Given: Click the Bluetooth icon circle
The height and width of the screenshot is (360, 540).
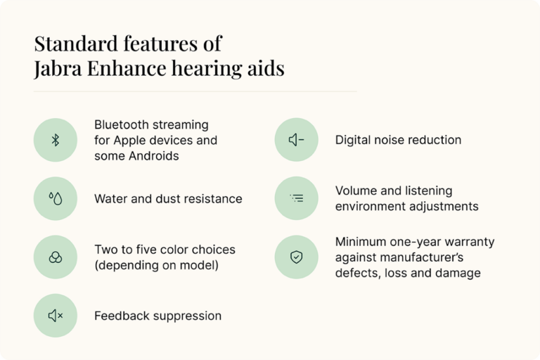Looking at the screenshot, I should pyautogui.click(x=56, y=140).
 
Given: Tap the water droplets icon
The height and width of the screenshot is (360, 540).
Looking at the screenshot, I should pyautogui.click(x=56, y=199).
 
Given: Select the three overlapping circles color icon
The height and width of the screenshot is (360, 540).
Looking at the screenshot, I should pyautogui.click(x=56, y=257).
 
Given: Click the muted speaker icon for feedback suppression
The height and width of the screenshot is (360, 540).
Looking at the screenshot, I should pyautogui.click(x=56, y=316).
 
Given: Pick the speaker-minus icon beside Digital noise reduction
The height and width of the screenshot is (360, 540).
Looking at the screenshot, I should pyautogui.click(x=296, y=140).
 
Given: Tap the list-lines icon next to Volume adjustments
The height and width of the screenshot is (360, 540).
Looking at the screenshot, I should pyautogui.click(x=296, y=199).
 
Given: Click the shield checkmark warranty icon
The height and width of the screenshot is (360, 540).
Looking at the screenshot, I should pyautogui.click(x=296, y=257).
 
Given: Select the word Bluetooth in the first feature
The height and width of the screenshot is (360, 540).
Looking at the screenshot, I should pyautogui.click(x=122, y=124).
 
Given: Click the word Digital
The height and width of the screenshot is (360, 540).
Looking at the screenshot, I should pyautogui.click(x=354, y=140).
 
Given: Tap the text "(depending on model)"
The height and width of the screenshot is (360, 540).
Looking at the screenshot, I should pyautogui.click(x=156, y=265).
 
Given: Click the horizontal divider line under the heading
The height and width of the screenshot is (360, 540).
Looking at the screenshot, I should pyautogui.click(x=195, y=91).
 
